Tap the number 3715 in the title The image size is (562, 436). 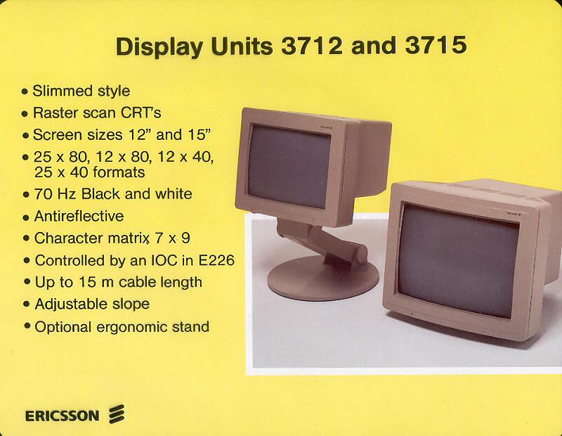pyautogui.click(x=436, y=45)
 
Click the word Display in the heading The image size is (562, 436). pyautogui.click(x=159, y=48)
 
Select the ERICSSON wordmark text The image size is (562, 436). pyautogui.click(x=62, y=416)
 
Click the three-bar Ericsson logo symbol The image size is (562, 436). pyautogui.click(x=117, y=414)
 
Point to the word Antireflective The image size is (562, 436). pyautogui.click(x=79, y=216)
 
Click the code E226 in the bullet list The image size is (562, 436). pyautogui.click(x=216, y=260)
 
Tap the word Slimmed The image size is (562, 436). pyautogui.click(x=63, y=91)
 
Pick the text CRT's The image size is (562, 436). pyautogui.click(x=141, y=113)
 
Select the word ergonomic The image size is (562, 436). pyautogui.click(x=132, y=327)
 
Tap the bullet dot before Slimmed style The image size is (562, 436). pyautogui.click(x=25, y=91)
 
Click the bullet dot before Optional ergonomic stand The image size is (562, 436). pyautogui.click(x=27, y=326)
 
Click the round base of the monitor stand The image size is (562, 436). pyautogui.click(x=323, y=278)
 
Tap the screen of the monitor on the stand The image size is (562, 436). pyautogui.click(x=289, y=167)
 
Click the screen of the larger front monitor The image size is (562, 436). pyautogui.click(x=459, y=262)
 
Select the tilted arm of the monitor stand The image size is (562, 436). pyautogui.click(x=322, y=240)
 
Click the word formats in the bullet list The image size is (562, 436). pyautogui.click(x=119, y=172)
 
